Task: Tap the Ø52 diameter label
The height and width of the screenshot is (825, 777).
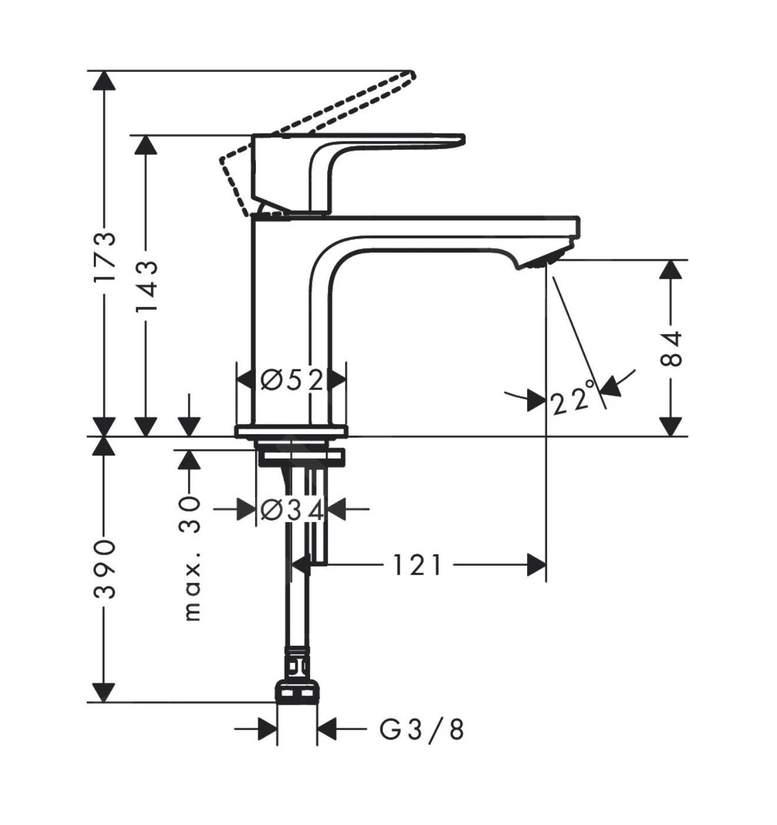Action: (292, 380)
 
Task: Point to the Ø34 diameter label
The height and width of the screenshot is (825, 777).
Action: (292, 510)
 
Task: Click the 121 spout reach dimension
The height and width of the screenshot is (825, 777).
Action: (417, 566)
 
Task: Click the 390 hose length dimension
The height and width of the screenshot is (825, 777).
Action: (105, 569)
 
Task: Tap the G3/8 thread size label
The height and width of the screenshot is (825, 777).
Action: (421, 730)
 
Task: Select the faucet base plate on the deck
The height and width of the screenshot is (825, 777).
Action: (291, 431)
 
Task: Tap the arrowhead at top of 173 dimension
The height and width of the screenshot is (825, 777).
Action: (104, 80)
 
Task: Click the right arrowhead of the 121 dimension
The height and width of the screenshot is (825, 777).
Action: (536, 566)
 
